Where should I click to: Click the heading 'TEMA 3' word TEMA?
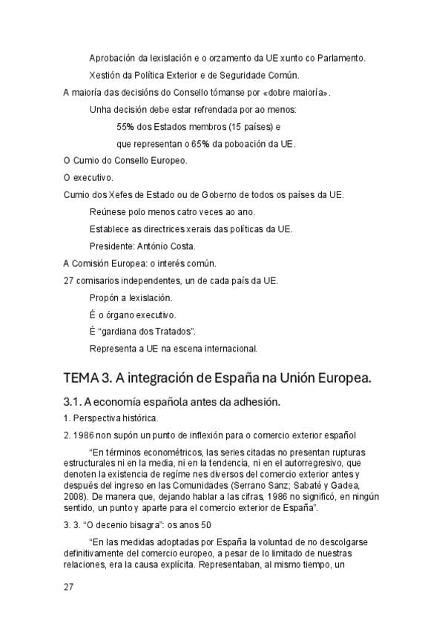[80, 378]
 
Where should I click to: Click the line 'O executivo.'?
[88, 178]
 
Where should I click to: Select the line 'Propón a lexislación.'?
[131, 297]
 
